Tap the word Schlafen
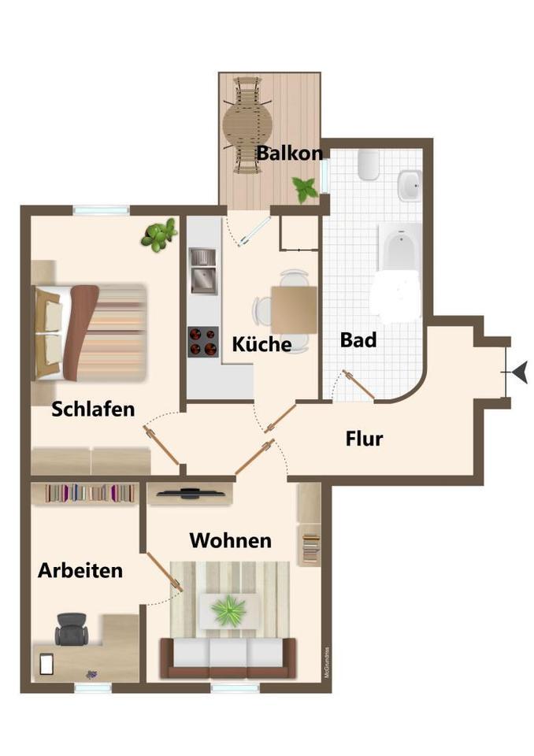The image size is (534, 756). pos(93,409)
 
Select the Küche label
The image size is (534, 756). pos(261,344)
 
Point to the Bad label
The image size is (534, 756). pos(358,340)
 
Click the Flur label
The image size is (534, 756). pos(364,438)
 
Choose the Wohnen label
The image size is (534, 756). pos(230,540)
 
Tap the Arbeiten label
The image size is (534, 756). pos(80,570)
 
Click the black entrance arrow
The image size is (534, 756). pos(519,371)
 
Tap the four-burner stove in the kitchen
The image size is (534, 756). pos(202,341)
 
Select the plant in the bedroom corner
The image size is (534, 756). pos(159,234)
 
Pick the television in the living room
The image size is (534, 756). pos(189,494)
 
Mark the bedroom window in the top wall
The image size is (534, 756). pos(100,209)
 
